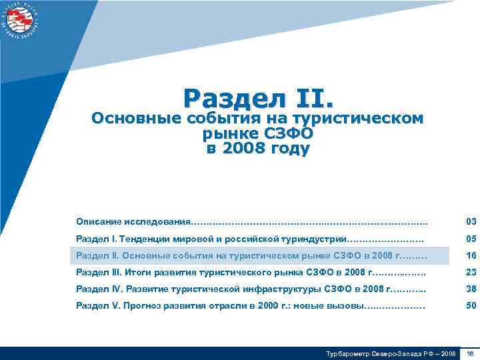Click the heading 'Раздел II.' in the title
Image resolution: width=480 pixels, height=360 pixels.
tap(258, 98)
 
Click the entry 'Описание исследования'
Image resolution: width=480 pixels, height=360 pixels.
tap(133, 221)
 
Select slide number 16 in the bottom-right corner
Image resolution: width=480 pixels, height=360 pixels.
tap(470, 353)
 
